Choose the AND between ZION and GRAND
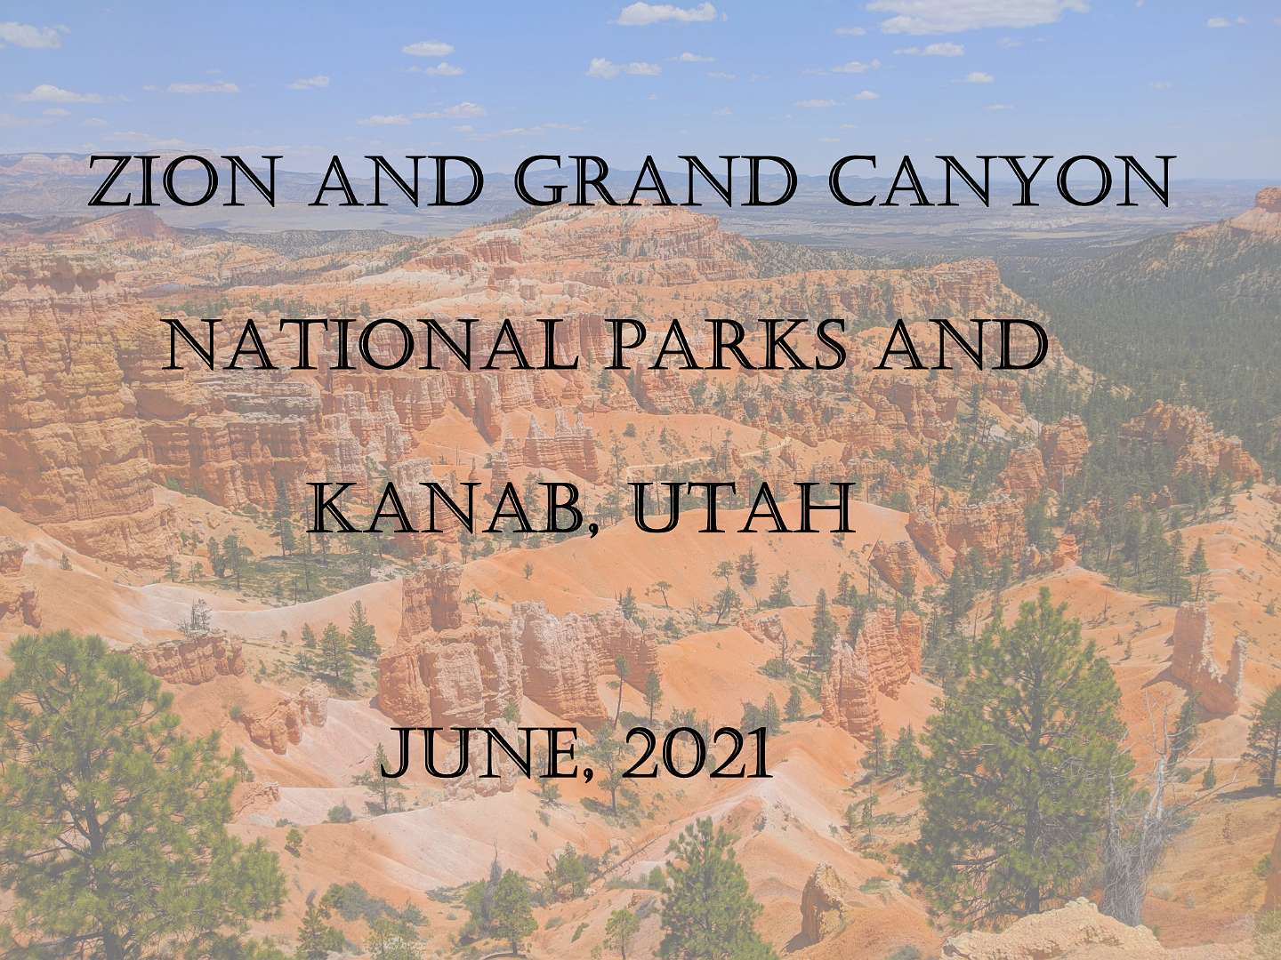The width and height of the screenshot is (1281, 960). click(397, 180)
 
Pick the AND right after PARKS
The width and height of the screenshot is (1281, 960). click(962, 343)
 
